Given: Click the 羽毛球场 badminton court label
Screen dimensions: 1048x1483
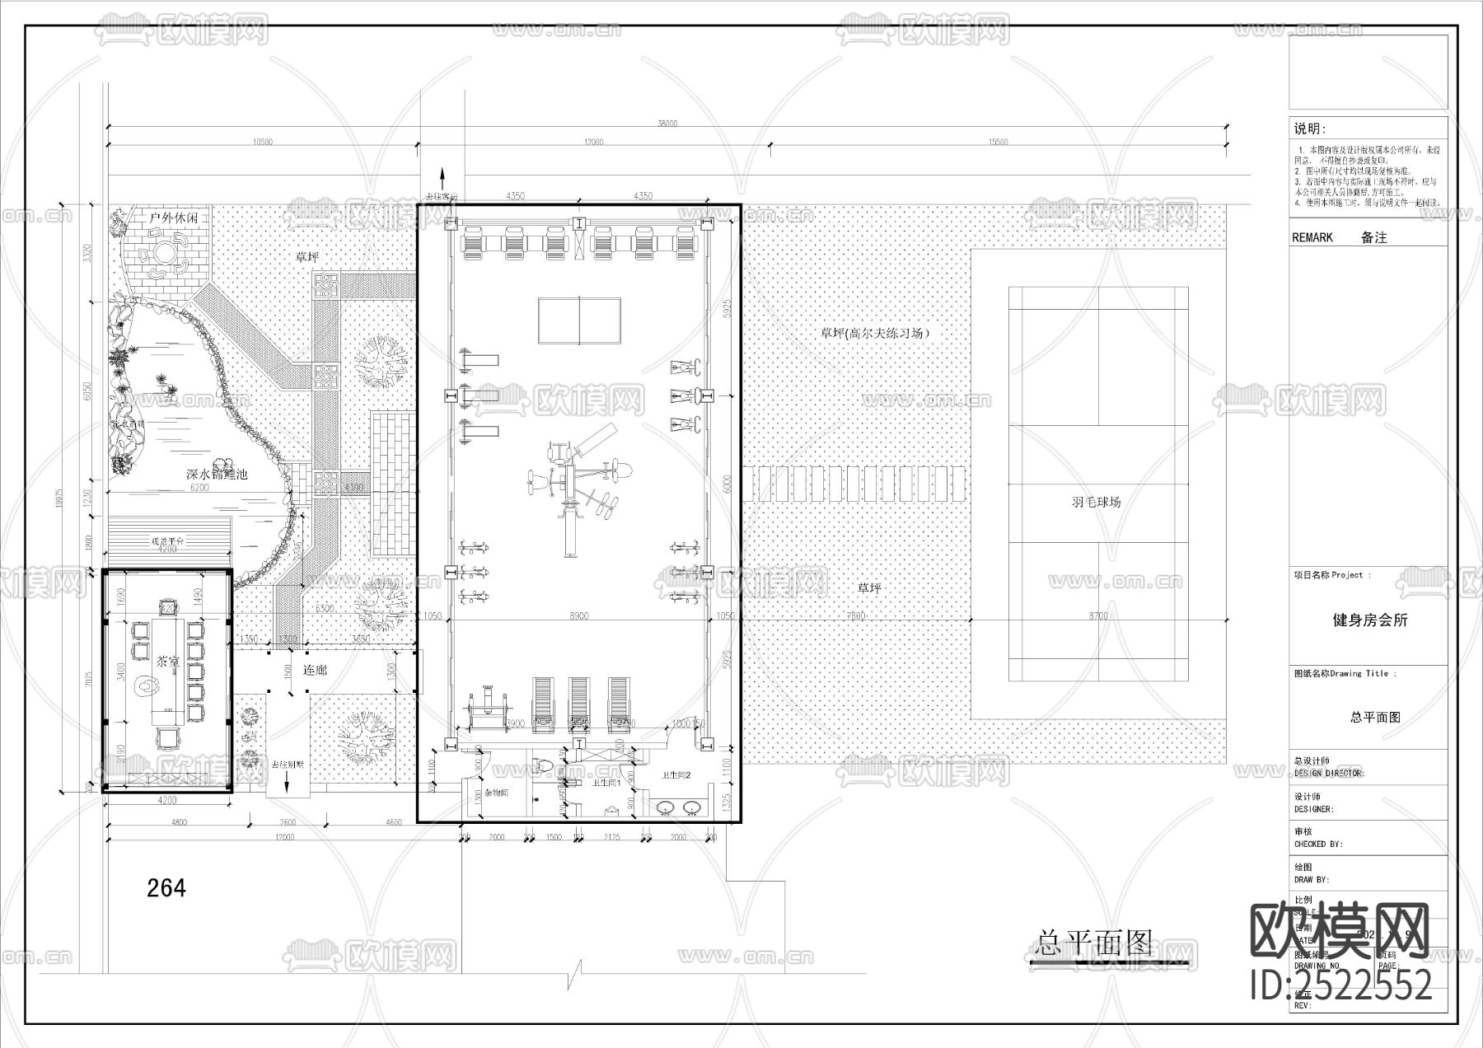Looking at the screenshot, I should coord(1096,501).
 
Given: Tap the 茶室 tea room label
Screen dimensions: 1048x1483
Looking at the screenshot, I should coord(167,661).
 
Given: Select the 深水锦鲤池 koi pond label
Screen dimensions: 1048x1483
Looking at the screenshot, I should coord(217,474).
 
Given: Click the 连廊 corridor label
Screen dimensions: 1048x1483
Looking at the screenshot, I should coord(315,670).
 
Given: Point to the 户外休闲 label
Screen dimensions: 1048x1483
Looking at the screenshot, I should coord(174,218).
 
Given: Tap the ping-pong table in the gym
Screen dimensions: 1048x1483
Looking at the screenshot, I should coord(579,320).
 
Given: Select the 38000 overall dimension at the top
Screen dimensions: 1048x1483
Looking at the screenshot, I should coord(667,124).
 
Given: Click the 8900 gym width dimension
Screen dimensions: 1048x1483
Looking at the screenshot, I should coord(579,615).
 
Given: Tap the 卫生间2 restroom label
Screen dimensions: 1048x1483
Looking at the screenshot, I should coord(676,775).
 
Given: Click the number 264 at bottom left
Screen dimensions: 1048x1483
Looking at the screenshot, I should coord(166,888).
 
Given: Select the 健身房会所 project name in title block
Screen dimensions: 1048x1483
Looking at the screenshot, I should coord(1370,620).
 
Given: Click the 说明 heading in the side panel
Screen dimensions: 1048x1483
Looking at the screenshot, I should coord(1309,129).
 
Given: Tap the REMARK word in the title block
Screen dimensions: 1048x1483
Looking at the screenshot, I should coord(1312,237).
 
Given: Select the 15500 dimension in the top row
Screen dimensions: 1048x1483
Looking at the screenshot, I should coord(997,142).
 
